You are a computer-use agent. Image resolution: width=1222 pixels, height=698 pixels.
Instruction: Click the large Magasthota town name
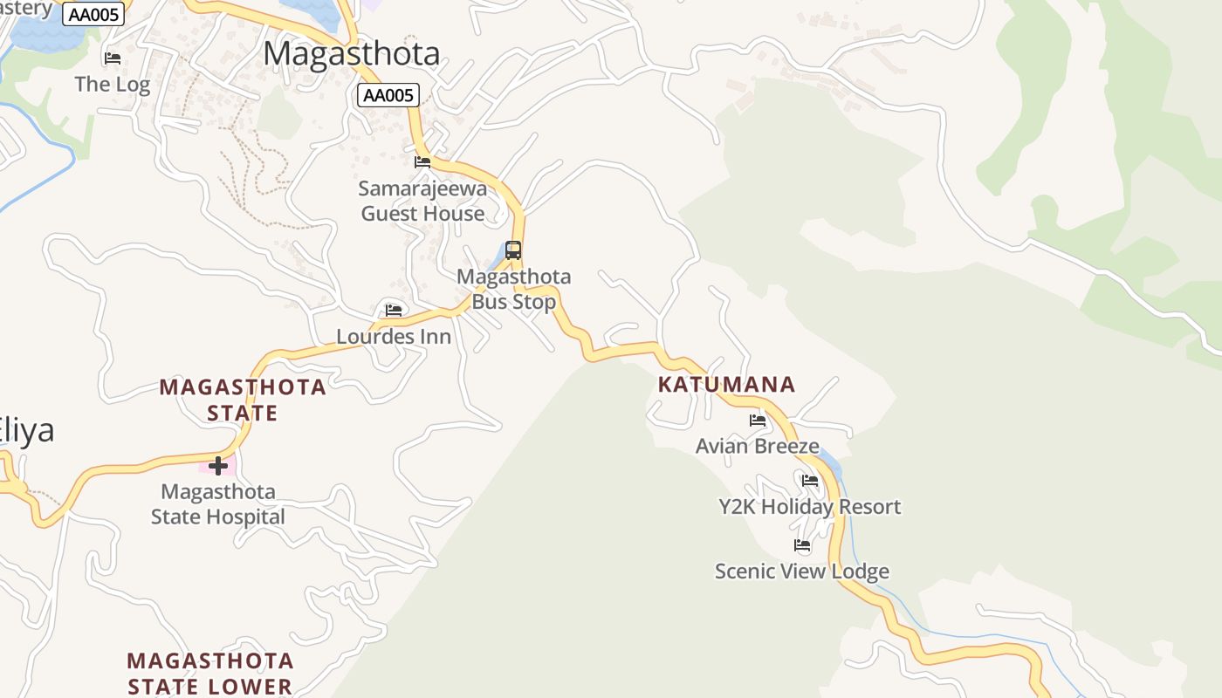(352, 53)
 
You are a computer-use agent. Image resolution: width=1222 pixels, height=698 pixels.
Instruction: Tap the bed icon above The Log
(113, 58)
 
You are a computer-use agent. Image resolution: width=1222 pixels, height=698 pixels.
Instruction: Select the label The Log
(113, 84)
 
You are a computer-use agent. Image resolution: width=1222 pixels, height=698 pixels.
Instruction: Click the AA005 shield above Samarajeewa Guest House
(388, 95)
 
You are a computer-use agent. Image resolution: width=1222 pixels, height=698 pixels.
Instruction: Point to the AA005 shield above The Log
(93, 13)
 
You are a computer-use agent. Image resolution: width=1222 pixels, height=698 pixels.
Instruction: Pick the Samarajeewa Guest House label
(422, 201)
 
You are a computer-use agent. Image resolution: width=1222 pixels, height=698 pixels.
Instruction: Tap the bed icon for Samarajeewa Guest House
(422, 161)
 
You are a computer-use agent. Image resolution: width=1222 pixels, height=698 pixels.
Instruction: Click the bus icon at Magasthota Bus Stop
(513, 250)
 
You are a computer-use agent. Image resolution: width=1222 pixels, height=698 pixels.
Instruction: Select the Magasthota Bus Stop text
(514, 289)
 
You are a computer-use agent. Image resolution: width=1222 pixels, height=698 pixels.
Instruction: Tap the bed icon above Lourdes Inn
(394, 310)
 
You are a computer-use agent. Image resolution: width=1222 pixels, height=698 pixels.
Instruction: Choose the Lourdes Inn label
(394, 337)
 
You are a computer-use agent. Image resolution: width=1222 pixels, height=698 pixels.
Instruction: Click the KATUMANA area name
(726, 384)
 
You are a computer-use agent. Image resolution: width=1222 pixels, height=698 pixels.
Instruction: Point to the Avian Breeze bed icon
(758, 420)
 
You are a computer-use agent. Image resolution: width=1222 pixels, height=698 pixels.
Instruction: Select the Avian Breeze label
(758, 446)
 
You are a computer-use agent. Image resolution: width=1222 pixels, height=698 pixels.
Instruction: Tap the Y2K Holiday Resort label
(809, 506)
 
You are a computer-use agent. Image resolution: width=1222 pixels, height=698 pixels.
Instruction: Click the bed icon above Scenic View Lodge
(802, 545)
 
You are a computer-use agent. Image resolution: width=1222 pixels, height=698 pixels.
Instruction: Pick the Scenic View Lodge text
(802, 571)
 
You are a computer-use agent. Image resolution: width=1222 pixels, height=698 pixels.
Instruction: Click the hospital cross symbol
(218, 465)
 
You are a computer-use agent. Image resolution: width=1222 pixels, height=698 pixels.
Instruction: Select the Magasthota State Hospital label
(218, 503)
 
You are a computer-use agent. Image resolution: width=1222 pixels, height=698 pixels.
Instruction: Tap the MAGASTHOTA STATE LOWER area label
(210, 673)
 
